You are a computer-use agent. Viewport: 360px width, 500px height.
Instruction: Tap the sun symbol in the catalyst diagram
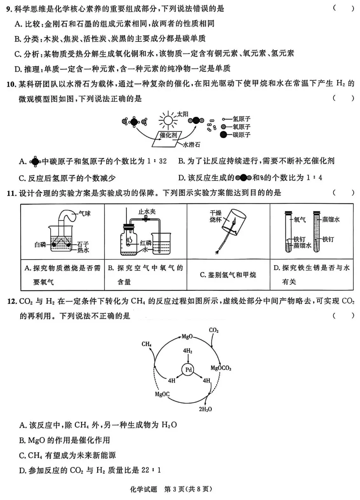tap(167, 120)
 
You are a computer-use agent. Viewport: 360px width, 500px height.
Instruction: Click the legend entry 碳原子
tap(242, 135)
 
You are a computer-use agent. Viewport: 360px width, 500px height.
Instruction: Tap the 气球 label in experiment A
tap(84, 213)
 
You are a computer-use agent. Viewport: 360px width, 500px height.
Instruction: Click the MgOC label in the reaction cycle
tap(162, 394)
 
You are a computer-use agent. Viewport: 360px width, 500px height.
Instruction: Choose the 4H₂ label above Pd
tap(188, 350)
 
